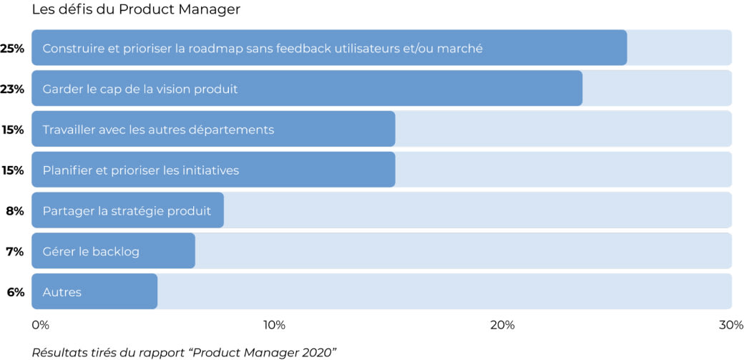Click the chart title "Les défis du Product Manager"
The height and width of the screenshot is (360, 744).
[136, 10]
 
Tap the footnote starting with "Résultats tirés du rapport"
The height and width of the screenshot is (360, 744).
[184, 351]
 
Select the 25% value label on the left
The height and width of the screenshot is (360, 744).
[13, 49]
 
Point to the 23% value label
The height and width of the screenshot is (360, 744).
[13, 89]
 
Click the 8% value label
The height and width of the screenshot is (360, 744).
[15, 211]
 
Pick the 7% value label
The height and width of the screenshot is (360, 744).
[15, 252]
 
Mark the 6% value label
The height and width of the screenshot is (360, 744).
[15, 292]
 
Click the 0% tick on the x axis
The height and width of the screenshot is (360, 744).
[41, 325]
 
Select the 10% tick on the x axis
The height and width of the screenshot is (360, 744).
[274, 325]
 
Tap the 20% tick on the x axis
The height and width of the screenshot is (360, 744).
[502, 325]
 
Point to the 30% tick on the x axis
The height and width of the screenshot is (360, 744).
[730, 325]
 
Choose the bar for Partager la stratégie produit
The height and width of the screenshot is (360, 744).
[127, 210]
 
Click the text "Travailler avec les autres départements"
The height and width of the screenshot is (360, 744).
[158, 130]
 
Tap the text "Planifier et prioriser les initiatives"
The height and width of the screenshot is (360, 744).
[141, 170]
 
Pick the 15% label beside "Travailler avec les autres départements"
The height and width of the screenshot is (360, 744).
[13, 130]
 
